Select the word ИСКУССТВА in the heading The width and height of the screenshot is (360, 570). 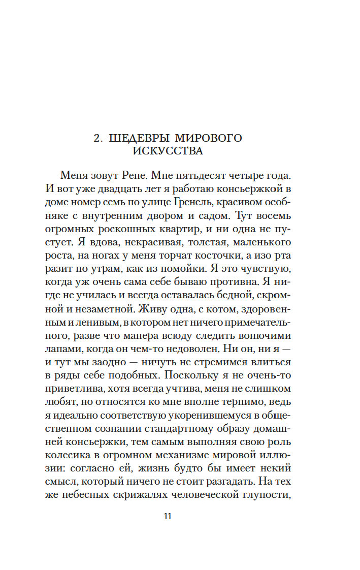(168, 151)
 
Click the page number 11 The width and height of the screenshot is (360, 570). (167, 517)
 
